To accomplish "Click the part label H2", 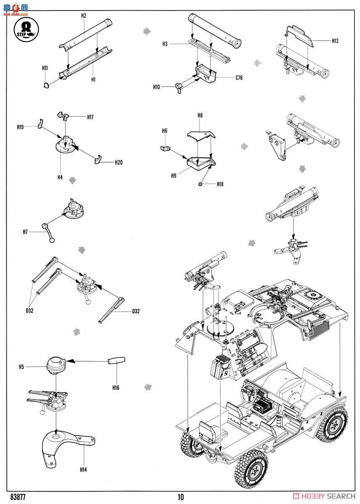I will point(84,16).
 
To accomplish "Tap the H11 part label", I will point(45,68).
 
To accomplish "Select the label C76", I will point(239,78).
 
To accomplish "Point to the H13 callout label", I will point(335,41).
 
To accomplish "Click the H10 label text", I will point(157,87).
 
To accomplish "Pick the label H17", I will point(90,117).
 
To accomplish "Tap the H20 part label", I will point(118,162).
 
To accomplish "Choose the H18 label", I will point(220,184).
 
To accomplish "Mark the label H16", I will point(116,388).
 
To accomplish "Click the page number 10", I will point(181,497).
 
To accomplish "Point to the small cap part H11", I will point(46,86).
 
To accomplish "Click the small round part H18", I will point(201,184).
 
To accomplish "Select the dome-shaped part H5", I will point(56,365).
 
